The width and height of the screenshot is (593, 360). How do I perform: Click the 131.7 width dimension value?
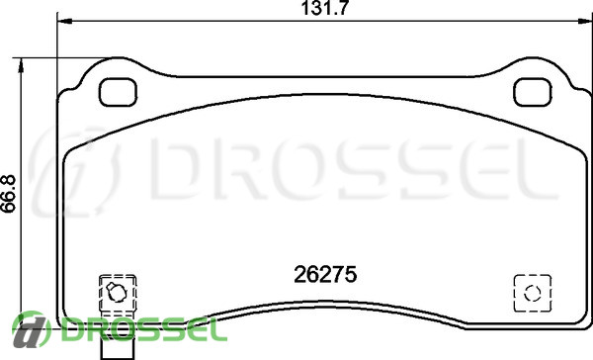point(324,8)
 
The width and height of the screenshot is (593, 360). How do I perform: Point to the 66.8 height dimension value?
point(8,194)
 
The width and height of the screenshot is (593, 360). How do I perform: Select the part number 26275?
point(325,274)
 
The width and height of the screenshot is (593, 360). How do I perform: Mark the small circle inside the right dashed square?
point(533,293)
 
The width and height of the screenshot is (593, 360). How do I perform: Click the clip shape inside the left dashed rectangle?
point(116,292)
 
